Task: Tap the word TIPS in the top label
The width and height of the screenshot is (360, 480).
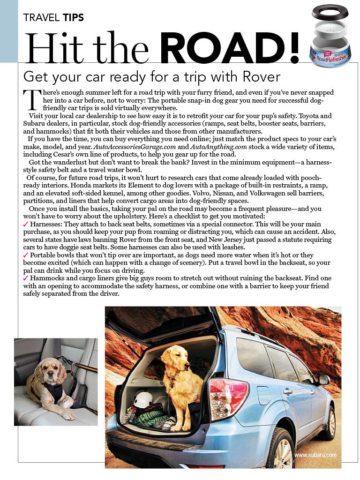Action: (73, 18)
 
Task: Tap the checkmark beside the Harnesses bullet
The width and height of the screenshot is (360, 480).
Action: (25, 225)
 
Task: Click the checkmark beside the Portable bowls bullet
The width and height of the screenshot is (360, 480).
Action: (25, 255)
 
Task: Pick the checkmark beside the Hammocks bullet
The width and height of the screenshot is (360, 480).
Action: (25, 278)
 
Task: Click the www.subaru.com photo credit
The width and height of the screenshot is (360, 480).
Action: (315, 455)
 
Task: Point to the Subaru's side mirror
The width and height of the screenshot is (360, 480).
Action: (323, 380)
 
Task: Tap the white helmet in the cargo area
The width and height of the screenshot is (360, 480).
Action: (143, 400)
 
